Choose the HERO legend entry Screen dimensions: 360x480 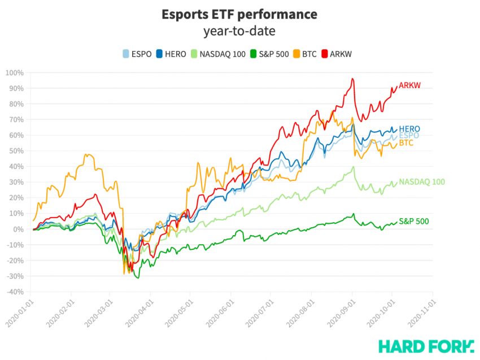pos(172,54)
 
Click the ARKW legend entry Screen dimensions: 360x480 pos(339,54)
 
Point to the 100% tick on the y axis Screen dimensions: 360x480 pos(15,73)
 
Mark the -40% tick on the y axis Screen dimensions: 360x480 pos(15,292)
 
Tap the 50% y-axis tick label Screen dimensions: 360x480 pos(16,151)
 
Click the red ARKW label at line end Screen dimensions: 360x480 pos(410,86)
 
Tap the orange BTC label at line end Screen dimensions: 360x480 pos(406,144)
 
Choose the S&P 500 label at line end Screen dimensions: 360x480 pos(413,222)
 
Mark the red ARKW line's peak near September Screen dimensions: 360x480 pos(352,79)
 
